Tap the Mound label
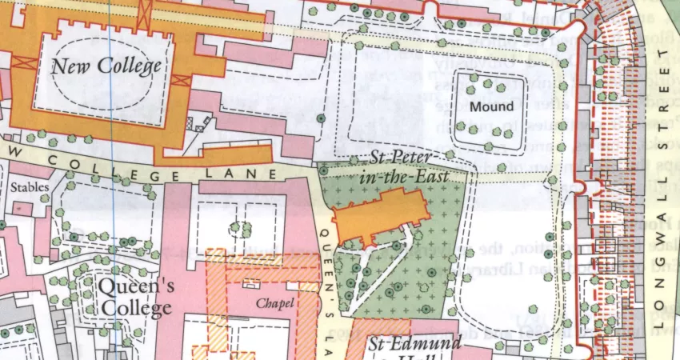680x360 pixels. pos(491,106)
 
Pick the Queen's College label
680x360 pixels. pos(134,296)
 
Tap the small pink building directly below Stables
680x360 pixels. pos(22,208)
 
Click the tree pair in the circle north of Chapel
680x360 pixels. pos(237,229)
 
